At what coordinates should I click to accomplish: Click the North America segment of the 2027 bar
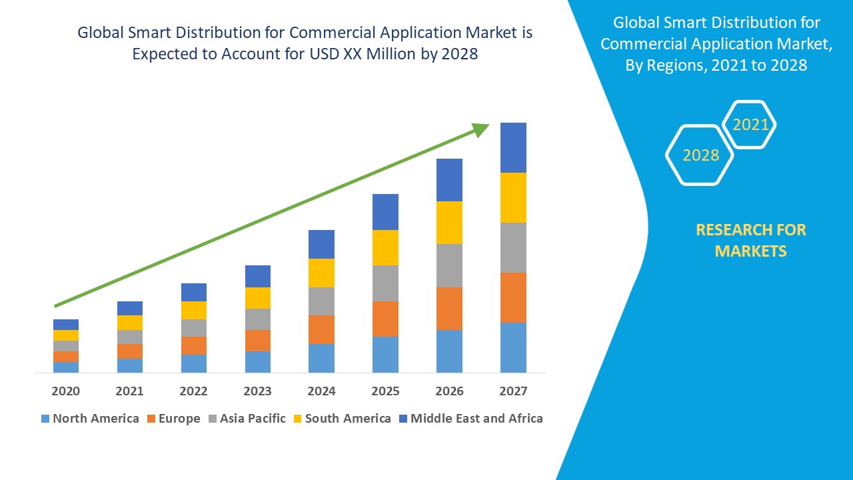coord(513,347)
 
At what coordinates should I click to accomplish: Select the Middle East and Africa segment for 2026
coord(449,180)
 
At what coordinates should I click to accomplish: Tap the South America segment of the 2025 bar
coord(385,247)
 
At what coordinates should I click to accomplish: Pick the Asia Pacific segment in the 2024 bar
coord(321,301)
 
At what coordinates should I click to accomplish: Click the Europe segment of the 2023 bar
coord(258,340)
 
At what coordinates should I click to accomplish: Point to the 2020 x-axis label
coord(65,391)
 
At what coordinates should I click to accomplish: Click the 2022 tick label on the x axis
coord(193,391)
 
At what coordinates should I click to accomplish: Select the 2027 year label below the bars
coord(513,391)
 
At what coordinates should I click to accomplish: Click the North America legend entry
coord(90,419)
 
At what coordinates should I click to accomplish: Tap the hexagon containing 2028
coord(700,155)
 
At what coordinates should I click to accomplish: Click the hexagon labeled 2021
coord(750,125)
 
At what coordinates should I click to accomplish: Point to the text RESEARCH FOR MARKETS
coord(750,240)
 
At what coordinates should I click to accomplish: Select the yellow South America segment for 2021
coord(130,323)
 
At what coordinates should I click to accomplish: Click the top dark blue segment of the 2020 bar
coord(66,325)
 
